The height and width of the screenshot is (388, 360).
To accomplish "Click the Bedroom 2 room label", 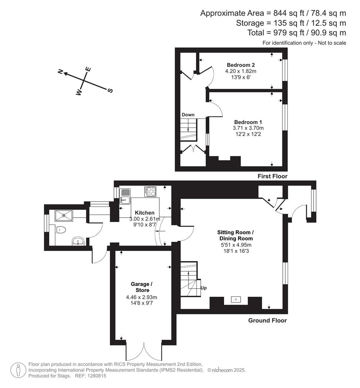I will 241,65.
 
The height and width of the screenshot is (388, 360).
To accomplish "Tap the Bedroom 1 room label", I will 248,122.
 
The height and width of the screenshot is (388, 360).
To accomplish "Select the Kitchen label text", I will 145,213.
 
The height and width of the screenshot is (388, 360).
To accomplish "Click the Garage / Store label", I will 140,287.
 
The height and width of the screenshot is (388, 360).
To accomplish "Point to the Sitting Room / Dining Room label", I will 236,235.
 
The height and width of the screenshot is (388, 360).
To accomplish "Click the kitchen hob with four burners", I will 151,191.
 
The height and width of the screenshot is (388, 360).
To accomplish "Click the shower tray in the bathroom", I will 64,216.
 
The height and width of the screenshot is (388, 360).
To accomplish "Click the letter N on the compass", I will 61,72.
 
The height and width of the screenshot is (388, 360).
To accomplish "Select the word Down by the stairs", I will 188,115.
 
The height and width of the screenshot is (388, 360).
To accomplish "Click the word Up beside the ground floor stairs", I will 203,288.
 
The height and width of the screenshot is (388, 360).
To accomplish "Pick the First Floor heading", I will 272,176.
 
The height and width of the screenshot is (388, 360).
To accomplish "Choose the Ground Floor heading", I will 267,320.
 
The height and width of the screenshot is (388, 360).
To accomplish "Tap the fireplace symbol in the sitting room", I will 236,299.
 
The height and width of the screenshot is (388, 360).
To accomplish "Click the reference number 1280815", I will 96,376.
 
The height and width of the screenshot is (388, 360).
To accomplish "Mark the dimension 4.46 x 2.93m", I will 141,297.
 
